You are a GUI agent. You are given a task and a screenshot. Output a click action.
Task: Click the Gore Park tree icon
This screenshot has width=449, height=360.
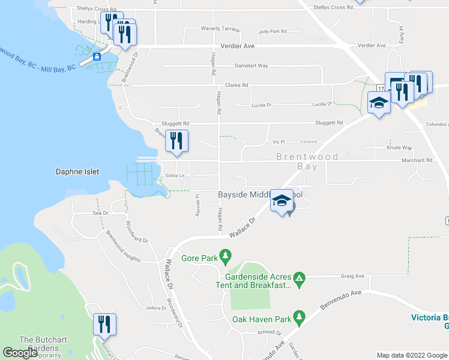click(x=226, y=258)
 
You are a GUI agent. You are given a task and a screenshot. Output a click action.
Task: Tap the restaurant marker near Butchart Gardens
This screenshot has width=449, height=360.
click(x=105, y=325)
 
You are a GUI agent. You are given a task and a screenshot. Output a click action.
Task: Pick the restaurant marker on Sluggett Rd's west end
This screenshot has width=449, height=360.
click(x=176, y=141)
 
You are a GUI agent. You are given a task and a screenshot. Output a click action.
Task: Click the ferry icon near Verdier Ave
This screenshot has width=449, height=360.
click(x=97, y=57)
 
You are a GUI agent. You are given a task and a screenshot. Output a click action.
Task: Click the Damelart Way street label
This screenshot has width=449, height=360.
click(x=251, y=66)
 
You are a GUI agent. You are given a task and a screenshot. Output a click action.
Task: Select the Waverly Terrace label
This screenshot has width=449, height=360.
click(x=220, y=29)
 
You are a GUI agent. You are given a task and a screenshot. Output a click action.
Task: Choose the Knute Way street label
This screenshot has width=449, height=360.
click(x=399, y=147)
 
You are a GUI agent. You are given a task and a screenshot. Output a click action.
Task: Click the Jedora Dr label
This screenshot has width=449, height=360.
click(x=155, y=308)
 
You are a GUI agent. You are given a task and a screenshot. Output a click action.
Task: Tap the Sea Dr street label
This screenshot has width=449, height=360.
click(x=100, y=213)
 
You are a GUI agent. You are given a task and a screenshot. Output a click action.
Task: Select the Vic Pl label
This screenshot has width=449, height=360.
click(x=277, y=142)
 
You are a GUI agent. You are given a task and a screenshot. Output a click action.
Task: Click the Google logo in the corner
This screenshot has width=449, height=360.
click(x=20, y=353)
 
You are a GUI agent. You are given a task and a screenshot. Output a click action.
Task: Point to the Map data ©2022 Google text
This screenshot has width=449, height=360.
click(x=411, y=355)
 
